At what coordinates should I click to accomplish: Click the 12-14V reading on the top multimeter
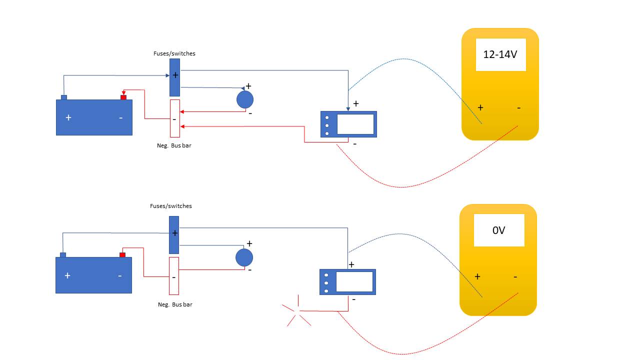500,55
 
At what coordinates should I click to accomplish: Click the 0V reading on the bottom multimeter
499,230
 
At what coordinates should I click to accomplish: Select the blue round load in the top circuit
245,99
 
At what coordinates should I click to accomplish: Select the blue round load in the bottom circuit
244,257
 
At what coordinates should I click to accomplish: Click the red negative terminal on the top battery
123,97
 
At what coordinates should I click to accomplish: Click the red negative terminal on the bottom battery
122,255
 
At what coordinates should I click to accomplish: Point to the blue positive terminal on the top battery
64,97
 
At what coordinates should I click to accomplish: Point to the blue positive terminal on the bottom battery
63,255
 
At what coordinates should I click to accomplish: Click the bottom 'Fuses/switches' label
170,206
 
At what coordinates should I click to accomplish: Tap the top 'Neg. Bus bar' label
174,146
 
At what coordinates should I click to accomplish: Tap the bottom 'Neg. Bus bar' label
175,304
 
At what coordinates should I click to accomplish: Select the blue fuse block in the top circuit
174,77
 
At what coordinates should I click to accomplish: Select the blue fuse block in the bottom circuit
174,235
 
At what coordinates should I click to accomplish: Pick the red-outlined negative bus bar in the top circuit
174,118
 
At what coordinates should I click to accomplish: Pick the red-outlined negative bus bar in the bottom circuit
174,276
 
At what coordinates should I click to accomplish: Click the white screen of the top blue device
355,124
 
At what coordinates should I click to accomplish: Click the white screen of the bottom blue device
354,282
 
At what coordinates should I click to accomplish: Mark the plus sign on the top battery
68,118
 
